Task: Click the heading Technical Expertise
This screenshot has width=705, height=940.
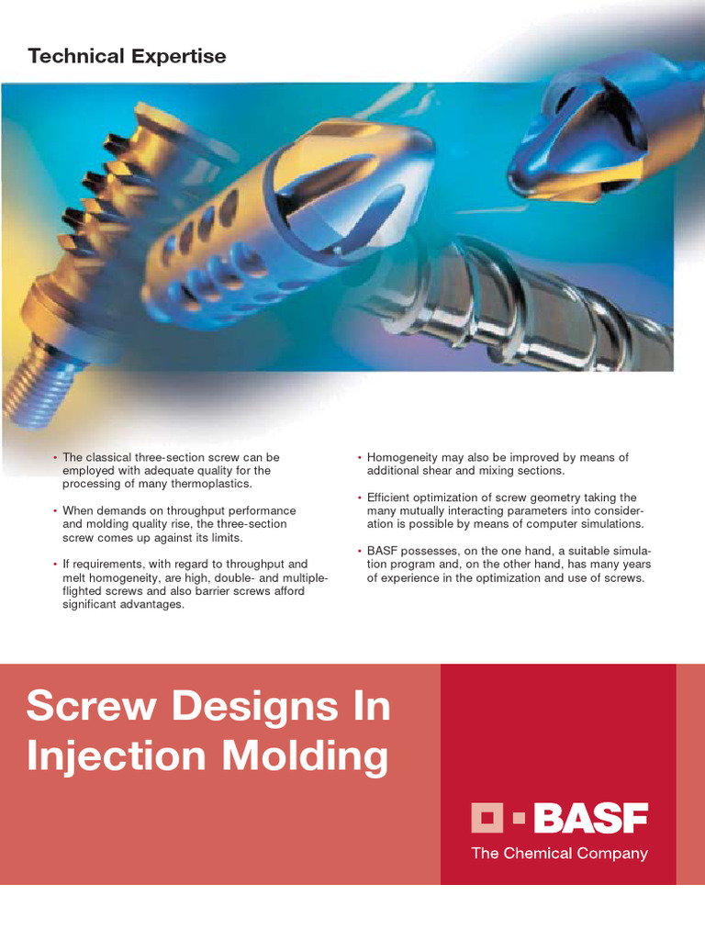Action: [127, 57]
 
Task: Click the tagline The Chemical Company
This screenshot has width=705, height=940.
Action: [559, 854]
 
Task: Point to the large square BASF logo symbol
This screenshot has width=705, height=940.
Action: [488, 817]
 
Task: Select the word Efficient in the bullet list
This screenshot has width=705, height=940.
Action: [391, 498]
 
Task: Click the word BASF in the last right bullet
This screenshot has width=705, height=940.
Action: [385, 551]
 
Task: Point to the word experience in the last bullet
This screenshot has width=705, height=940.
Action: [414, 577]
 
